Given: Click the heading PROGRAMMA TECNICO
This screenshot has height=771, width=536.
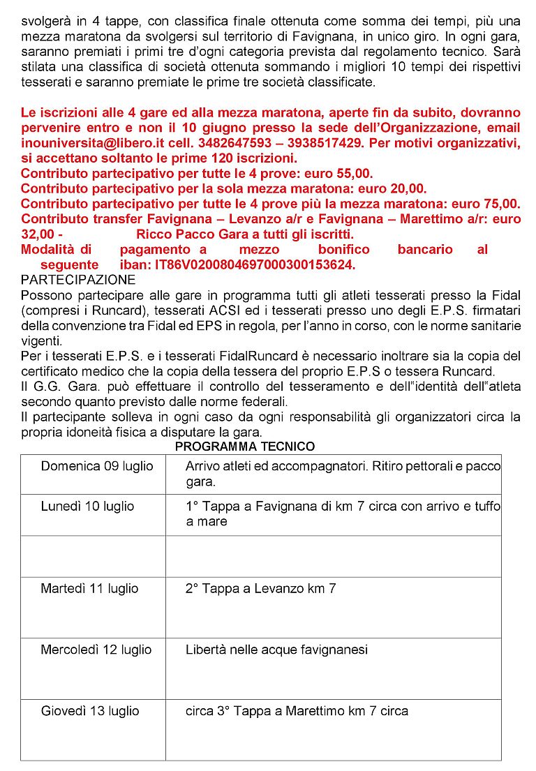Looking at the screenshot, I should (x=244, y=447).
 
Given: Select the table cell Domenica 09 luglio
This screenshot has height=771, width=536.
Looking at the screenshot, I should (x=97, y=466).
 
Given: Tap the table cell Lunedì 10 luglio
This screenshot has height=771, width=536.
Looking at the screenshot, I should (x=87, y=507).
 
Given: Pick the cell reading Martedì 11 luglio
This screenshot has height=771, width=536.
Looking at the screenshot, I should (x=89, y=589).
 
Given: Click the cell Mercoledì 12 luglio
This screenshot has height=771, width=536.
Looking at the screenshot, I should (x=96, y=650).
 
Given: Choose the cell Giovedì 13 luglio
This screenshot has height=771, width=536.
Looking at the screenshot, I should (x=90, y=712).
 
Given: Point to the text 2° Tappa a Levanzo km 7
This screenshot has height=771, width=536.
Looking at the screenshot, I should (x=260, y=589).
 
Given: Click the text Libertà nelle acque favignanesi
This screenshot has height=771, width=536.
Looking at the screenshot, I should (x=276, y=650).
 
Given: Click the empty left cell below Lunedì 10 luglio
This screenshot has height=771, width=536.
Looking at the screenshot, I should (x=93, y=556).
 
